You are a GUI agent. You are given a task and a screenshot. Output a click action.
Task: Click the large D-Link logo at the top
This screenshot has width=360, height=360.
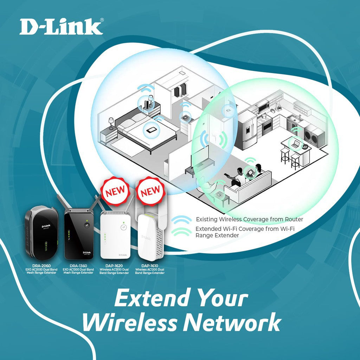(61, 27)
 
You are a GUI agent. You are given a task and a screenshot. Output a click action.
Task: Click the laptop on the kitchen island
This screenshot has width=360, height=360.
(295, 143)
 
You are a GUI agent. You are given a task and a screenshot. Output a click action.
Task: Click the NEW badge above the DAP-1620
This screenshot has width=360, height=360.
(115, 191)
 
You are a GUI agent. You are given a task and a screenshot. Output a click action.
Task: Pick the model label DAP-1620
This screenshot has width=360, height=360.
(114, 266)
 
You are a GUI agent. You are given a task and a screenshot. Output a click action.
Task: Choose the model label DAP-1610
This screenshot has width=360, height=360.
(150, 266)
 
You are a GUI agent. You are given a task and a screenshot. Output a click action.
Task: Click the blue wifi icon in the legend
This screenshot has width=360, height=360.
(182, 220)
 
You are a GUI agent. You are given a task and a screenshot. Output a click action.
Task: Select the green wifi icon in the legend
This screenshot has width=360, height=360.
(182, 231)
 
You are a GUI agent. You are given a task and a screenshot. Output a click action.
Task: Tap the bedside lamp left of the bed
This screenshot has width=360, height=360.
(111, 122)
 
